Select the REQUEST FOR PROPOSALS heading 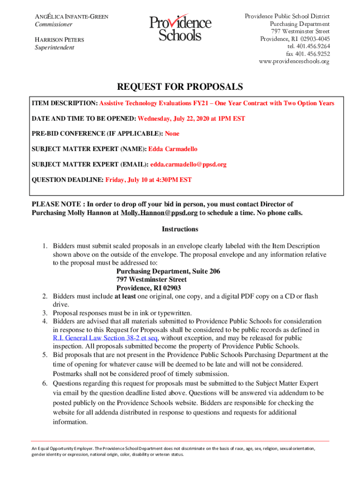180,87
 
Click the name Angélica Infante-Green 72,17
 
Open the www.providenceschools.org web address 294,61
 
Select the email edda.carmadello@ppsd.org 188,164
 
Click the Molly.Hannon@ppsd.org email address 159,213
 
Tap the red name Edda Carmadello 173,149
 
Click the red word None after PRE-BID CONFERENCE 172,133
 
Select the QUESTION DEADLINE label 67,180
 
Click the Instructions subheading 180,229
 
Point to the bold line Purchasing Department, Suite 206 168,271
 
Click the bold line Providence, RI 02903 148,288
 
